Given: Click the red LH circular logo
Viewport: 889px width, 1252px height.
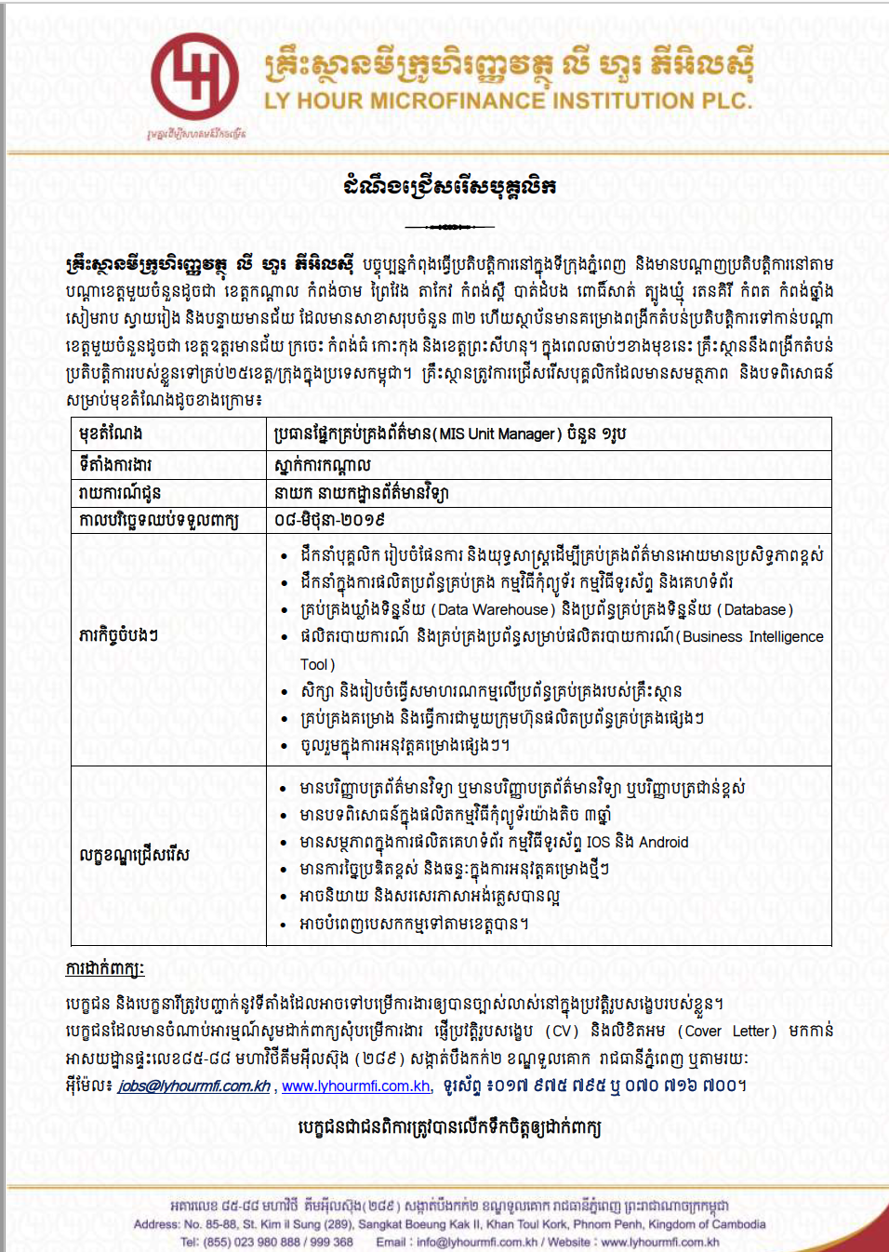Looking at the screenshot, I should coord(195,75).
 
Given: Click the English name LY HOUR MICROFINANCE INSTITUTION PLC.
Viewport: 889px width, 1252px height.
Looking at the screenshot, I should coord(508,100).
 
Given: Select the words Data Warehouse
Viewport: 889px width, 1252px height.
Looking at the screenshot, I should coord(493,610).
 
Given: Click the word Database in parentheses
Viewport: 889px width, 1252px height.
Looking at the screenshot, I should coord(755,610).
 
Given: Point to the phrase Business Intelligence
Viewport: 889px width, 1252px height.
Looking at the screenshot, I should coord(752,637).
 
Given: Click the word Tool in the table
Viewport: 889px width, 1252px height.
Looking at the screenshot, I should coord(313,664).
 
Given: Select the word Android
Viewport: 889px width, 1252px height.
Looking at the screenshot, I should coord(663,843).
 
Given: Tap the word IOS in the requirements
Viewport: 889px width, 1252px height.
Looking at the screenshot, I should coord(598,843).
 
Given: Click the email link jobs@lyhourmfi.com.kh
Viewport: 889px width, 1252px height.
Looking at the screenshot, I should coord(193,1086).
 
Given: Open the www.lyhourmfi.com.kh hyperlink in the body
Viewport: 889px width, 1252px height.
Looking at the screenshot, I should coord(355,1086).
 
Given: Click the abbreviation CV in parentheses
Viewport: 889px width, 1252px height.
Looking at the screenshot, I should coord(560,1032).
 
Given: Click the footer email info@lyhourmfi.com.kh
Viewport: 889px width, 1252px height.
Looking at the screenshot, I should coord(477,1242).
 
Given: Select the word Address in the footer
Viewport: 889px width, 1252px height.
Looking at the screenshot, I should coord(155,1224).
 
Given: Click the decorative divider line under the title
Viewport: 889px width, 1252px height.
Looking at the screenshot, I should coord(449,227).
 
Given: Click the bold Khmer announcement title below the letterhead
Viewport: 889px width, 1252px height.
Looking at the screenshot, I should coord(449,187).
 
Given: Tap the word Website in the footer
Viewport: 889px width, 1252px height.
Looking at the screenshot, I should coord(568,1242).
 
